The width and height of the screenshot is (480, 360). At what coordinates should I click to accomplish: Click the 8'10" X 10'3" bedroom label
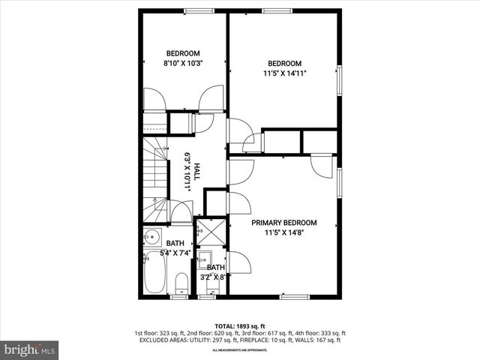click(183, 64)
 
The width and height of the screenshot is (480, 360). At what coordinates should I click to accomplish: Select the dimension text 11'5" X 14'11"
click(284, 73)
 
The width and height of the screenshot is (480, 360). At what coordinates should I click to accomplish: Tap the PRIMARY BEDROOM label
click(283, 223)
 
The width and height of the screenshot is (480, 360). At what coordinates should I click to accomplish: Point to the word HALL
click(196, 172)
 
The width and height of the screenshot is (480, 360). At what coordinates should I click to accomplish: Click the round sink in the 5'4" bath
click(152, 238)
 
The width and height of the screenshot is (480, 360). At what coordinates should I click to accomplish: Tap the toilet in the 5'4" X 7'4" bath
click(180, 283)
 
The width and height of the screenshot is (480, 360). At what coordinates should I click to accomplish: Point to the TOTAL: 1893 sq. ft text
click(240, 325)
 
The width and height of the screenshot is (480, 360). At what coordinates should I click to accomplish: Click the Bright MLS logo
click(29, 349)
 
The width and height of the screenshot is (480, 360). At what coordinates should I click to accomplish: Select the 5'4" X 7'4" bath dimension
click(175, 253)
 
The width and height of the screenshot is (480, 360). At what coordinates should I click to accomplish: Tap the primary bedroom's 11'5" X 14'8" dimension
click(283, 232)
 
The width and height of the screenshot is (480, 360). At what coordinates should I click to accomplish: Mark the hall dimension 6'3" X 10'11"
click(187, 172)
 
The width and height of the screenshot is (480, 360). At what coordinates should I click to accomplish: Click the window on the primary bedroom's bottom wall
click(295, 296)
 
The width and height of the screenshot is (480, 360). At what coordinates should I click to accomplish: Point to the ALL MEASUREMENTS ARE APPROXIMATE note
click(240, 350)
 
